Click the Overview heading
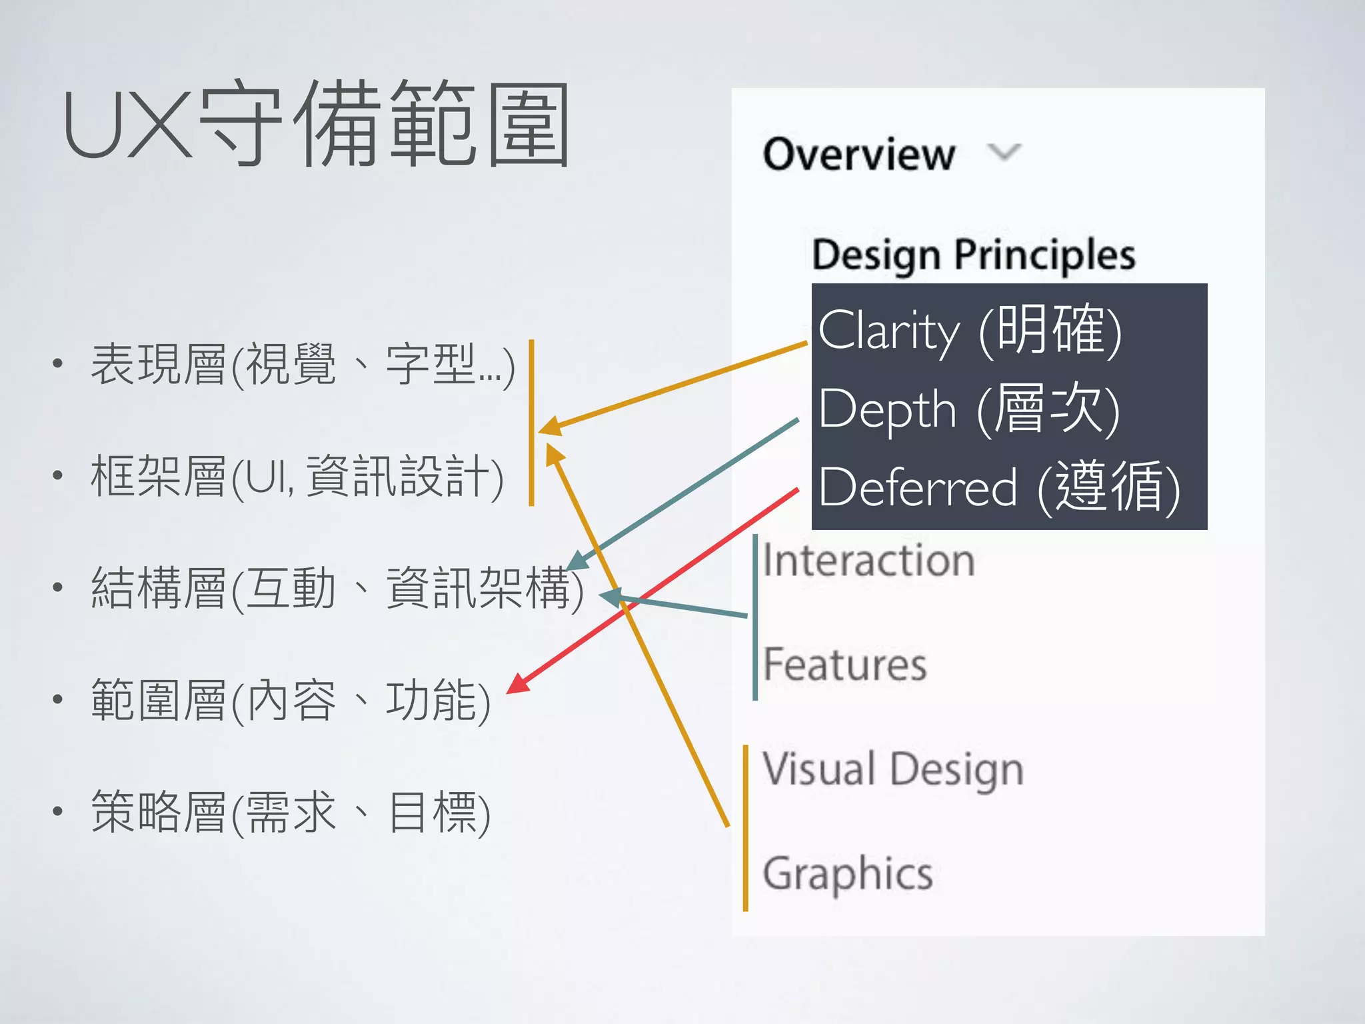858,154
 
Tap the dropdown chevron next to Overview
1004,153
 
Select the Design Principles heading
973,255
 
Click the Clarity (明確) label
970,329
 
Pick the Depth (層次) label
968,408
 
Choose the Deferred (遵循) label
998,487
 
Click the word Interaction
868,560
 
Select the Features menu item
844,664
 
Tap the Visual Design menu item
892,769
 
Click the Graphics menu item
847,873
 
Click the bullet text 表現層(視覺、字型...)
303,365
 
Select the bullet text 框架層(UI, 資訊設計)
297,477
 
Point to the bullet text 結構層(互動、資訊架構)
337,588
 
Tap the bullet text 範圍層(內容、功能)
291,700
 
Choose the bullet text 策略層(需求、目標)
291,812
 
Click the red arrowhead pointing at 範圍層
517,685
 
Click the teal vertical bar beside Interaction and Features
754,617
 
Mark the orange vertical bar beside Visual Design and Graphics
745,828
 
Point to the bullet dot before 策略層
58,811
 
